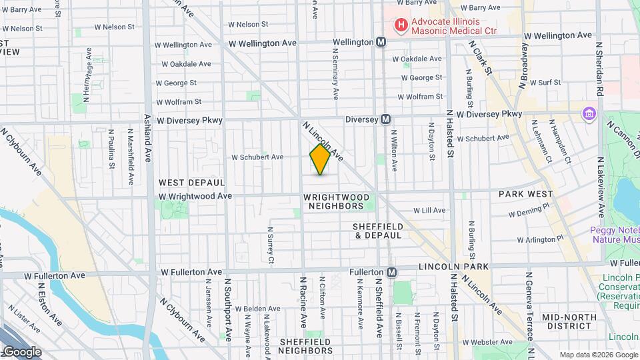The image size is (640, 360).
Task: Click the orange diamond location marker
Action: coord(320,159)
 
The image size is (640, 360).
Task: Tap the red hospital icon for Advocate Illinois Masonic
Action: coord(401,26)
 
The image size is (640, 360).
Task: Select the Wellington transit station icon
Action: coord(381,42)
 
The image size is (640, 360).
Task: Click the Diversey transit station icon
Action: coord(385,119)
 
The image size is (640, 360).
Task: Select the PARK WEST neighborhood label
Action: coord(525,194)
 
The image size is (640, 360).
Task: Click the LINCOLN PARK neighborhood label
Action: coord(455,267)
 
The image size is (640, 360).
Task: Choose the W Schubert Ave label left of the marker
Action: coord(257,157)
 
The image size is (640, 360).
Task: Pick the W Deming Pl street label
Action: coord(532,213)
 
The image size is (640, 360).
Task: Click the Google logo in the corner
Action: coord(21,352)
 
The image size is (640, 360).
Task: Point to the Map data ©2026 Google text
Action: coord(596,355)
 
